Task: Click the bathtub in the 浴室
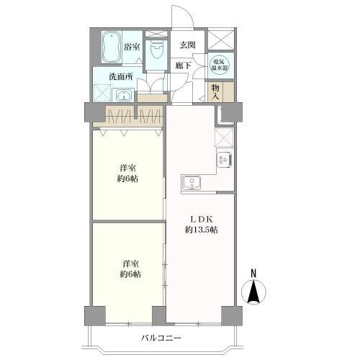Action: tap(112, 48)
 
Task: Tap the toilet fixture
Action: tap(156, 50)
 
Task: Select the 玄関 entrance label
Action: tap(187, 45)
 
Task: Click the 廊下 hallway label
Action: tap(183, 65)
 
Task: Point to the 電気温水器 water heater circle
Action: tap(220, 65)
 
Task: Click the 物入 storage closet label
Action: tap(215, 92)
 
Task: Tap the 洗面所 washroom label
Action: tap(121, 76)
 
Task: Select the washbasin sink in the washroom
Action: tap(124, 96)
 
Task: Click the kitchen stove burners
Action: tap(224, 160)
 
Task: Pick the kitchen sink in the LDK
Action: tap(192, 183)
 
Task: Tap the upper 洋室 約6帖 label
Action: tap(127, 174)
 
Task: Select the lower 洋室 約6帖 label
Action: tap(130, 269)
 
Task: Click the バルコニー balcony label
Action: tap(161, 338)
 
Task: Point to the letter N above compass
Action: tap(253, 274)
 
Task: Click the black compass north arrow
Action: tap(253, 291)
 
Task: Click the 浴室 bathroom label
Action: tap(132, 47)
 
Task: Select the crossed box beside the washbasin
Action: tap(102, 93)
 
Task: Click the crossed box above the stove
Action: tap(224, 138)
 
